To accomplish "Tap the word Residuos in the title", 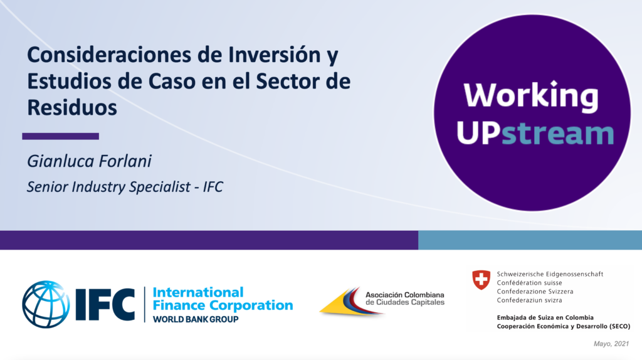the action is point(72,107).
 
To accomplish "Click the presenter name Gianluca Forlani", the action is point(89,161).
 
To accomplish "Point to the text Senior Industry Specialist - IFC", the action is point(125,187).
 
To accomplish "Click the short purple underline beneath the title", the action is point(61,136).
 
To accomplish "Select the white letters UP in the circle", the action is point(479,133).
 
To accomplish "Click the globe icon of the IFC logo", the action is point(46,304).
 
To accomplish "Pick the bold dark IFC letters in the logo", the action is point(105,304).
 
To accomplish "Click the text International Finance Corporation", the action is point(223,299).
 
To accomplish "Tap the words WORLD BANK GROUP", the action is point(196,319).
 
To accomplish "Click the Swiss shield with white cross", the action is point(481,280).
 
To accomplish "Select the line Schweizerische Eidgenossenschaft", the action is point(550,274).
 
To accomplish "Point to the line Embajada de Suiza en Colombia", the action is point(545,317).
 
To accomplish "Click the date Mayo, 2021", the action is point(611,344).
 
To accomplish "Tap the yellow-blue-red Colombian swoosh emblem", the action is point(351,302).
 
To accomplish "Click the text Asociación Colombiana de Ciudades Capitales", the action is point(405,299).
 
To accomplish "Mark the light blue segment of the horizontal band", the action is point(530,240).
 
